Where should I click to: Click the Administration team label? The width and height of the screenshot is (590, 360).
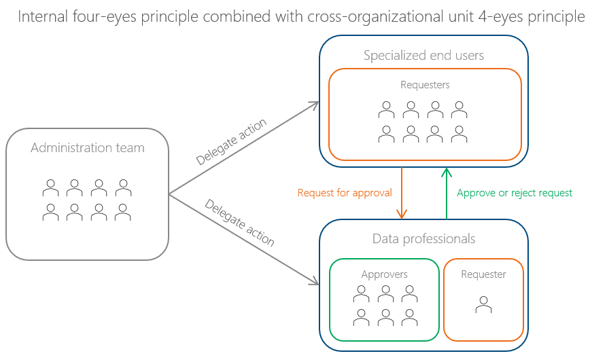(x=87, y=148)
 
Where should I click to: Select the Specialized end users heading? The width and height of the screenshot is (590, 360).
(x=423, y=56)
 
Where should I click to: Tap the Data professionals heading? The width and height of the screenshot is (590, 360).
(x=423, y=239)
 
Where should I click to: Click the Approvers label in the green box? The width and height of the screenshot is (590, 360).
(x=384, y=274)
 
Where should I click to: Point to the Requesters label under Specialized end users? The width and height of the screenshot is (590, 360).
(x=425, y=85)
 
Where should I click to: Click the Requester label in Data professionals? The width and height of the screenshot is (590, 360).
(x=483, y=274)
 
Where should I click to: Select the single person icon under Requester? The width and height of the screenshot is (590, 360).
(x=483, y=305)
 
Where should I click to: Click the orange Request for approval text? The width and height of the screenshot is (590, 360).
(x=345, y=193)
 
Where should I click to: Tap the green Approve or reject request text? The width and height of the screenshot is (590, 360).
(x=515, y=193)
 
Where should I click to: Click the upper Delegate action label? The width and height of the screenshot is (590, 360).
(x=231, y=142)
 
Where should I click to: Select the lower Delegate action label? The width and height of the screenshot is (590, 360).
(x=239, y=223)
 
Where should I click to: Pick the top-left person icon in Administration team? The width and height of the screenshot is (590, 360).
(x=50, y=187)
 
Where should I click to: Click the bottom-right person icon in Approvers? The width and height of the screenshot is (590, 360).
(x=409, y=317)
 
